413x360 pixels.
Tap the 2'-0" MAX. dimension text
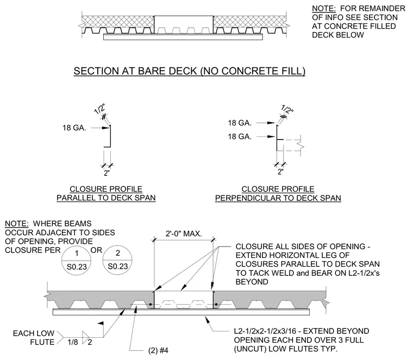click(x=184, y=233)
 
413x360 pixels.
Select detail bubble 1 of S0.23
click(x=77, y=261)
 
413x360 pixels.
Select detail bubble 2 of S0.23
click(x=117, y=261)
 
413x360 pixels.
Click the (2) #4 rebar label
click(x=158, y=350)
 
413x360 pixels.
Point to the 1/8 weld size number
click(x=73, y=342)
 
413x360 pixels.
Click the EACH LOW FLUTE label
click(x=34, y=338)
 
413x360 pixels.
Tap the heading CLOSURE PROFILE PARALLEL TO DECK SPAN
click(x=106, y=193)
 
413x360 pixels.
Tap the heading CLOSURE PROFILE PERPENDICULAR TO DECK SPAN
click(x=278, y=193)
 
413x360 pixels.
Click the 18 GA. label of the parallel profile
click(x=74, y=128)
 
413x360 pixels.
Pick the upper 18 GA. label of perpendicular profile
click(x=240, y=123)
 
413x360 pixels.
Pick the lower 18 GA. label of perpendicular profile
click(x=240, y=137)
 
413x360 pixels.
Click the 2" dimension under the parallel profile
click(x=107, y=173)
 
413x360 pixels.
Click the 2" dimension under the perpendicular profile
click(x=280, y=172)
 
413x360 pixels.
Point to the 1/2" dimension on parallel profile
click(x=100, y=109)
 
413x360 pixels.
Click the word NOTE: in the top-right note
click(x=324, y=9)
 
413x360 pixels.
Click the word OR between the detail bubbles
click(x=96, y=250)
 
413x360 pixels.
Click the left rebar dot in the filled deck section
click(x=150, y=305)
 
